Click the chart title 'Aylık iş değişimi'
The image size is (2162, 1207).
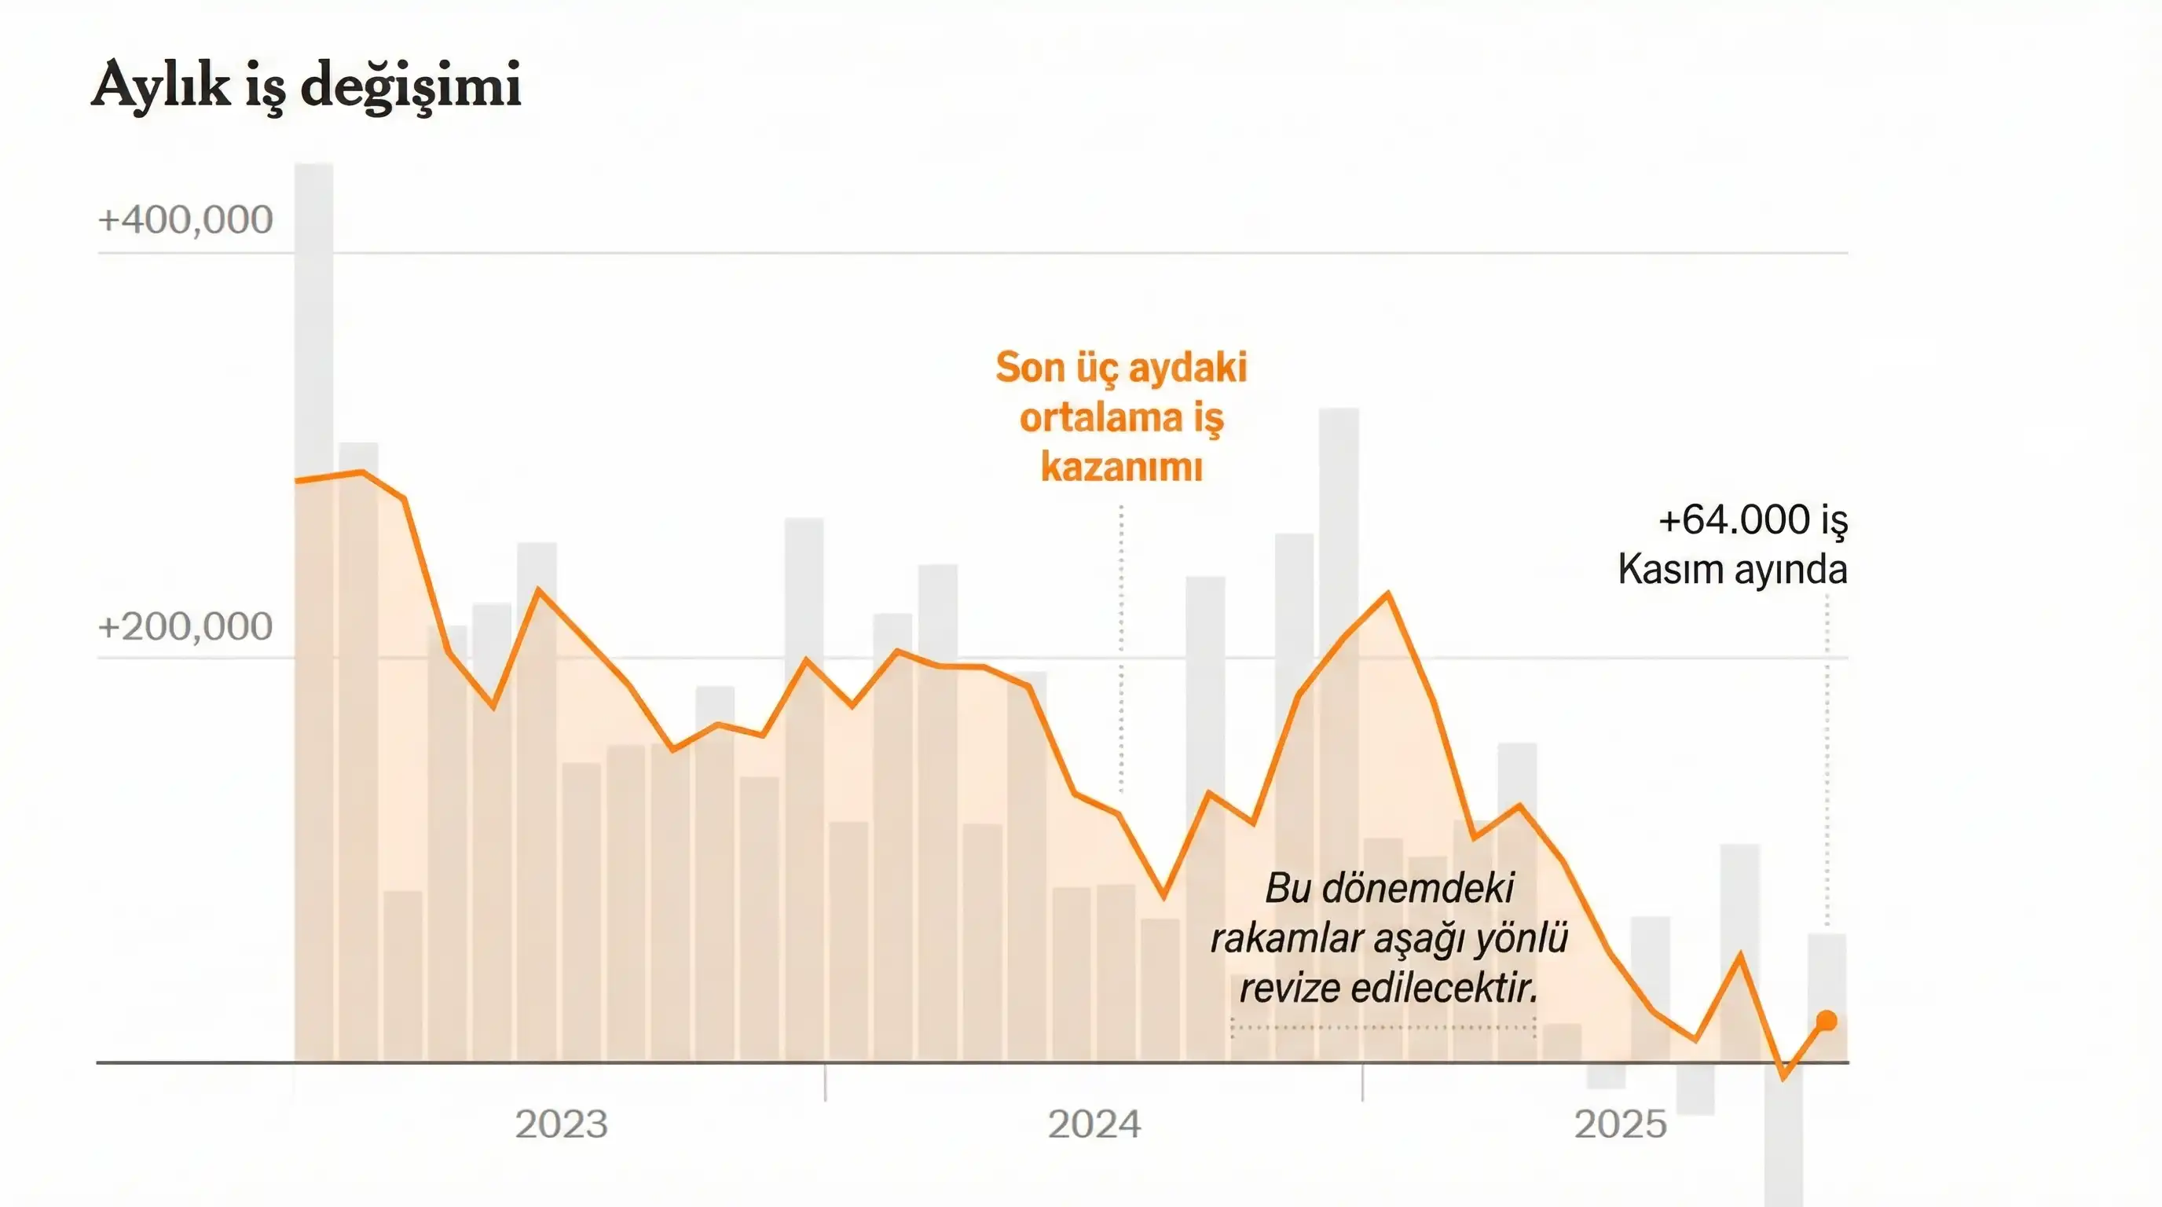[306, 86]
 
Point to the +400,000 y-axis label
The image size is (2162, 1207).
[185, 220]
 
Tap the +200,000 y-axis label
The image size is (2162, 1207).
[185, 627]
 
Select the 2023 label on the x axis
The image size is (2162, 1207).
[561, 1124]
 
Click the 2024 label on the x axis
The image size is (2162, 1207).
[1094, 1124]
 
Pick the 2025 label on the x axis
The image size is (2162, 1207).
[1620, 1124]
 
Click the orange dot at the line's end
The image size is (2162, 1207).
[1827, 1021]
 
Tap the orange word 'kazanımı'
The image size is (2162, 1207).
[1121, 467]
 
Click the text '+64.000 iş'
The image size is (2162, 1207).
[1753, 520]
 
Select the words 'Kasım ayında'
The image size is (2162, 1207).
[1732, 570]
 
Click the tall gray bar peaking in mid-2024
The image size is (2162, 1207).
[1339, 504]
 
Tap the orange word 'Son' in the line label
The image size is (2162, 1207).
[1030, 368]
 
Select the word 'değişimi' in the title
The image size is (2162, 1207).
[411, 86]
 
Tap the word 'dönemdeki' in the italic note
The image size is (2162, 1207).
[1417, 888]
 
